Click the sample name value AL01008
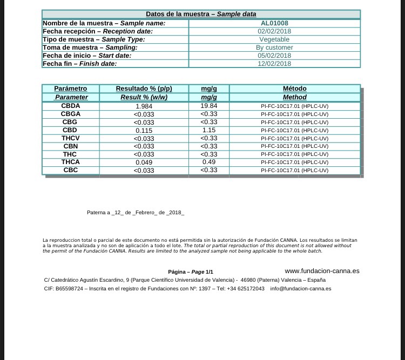(x=274, y=23)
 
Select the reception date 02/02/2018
(x=274, y=31)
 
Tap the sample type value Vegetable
(x=274, y=39)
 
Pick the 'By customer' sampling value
(x=274, y=47)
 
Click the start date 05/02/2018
(x=274, y=56)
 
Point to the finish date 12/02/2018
(x=274, y=64)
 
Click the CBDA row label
(x=71, y=106)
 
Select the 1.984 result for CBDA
(x=144, y=106)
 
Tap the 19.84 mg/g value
(x=208, y=106)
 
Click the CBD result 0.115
(x=144, y=131)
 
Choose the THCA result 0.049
(x=144, y=162)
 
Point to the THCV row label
(x=71, y=139)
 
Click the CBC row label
(x=71, y=171)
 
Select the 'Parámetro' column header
(x=71, y=89)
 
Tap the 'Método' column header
(x=294, y=89)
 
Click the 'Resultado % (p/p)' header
(x=144, y=89)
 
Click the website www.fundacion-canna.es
(x=322, y=271)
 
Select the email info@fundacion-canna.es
(x=301, y=289)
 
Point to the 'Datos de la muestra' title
(x=201, y=14)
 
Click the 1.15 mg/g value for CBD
(x=208, y=131)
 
